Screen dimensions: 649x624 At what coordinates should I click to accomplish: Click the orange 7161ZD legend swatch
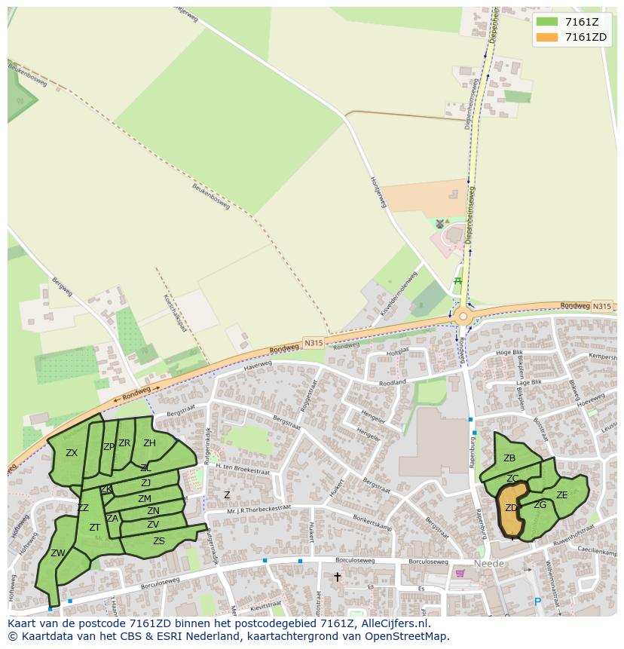[x=547, y=37]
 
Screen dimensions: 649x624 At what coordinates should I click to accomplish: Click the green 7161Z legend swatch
[x=547, y=21]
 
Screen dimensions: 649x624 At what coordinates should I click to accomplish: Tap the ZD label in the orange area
[x=511, y=508]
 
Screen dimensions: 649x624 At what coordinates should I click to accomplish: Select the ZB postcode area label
[x=509, y=458]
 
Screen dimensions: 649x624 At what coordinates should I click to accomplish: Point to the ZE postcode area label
[x=561, y=495]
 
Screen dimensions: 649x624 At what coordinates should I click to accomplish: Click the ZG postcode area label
[x=540, y=505]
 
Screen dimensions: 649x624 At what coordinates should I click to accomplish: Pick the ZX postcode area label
[x=72, y=453]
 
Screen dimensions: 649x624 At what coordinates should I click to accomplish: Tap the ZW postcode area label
[x=57, y=553]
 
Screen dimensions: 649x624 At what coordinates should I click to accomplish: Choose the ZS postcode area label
[x=159, y=541]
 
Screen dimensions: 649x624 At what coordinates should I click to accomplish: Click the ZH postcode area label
[x=149, y=443]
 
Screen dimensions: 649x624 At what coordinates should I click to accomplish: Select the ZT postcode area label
[x=95, y=528]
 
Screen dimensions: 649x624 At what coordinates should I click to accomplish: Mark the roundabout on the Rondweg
[x=462, y=317]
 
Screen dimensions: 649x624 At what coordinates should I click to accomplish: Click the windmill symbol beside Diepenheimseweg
[x=440, y=224]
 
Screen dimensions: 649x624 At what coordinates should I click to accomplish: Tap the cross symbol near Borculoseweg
[x=337, y=577]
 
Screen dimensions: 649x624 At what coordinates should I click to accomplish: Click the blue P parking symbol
[x=537, y=602]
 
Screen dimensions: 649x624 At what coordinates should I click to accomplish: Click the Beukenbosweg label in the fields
[x=210, y=197]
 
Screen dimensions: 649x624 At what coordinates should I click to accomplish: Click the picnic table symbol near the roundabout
[x=457, y=281]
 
